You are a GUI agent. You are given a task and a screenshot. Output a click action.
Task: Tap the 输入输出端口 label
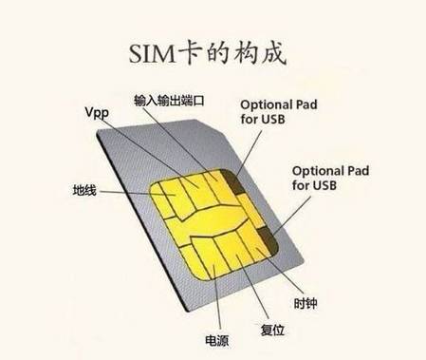(170, 99)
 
